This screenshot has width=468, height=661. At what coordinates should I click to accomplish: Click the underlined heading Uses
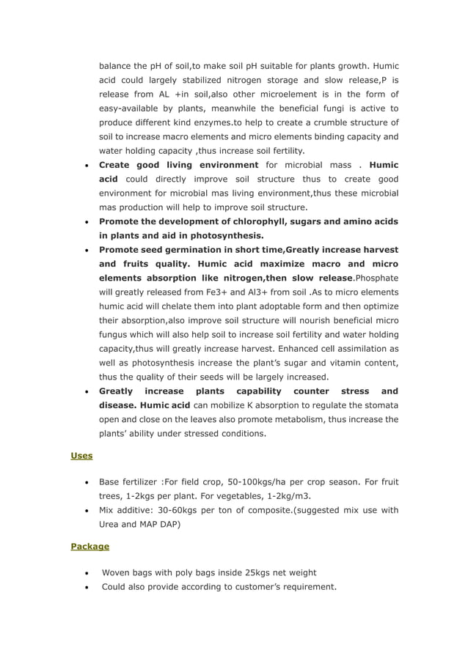pyautogui.click(x=81, y=456)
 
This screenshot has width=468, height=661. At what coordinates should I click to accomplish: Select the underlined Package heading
pyautogui.click(x=89, y=546)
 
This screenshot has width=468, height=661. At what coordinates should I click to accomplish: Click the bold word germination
pyautogui.click(x=178, y=249)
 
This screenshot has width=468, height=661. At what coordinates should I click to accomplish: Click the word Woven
pyautogui.click(x=117, y=572)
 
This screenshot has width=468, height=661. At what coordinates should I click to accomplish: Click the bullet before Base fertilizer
pyautogui.click(x=87, y=483)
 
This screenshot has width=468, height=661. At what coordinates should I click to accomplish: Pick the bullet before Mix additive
pyautogui.click(x=87, y=511)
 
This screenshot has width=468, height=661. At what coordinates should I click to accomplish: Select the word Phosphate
pyautogui.click(x=376, y=278)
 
